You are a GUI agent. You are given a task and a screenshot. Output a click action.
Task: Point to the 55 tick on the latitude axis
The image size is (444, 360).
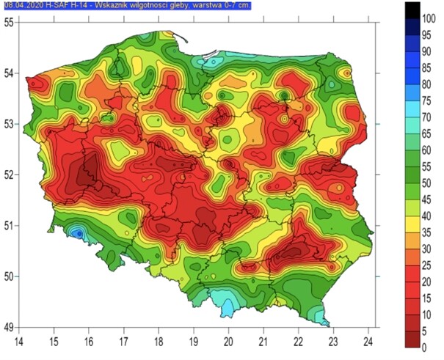(x=10, y=22)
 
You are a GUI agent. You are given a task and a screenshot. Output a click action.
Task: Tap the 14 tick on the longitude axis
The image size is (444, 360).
(x=19, y=340)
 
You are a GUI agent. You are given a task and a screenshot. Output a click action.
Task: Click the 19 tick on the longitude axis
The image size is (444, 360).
(x=194, y=340)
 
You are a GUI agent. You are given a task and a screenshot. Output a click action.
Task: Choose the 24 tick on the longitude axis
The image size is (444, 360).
(x=368, y=340)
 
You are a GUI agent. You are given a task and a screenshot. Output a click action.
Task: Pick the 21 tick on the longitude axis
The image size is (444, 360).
(x=263, y=340)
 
